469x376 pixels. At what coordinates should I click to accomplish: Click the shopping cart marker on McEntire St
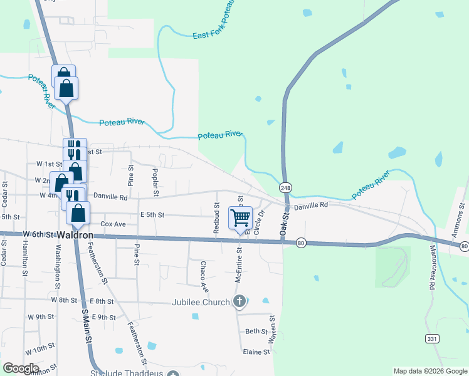tap(241, 218)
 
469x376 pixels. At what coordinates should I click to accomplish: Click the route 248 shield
tap(286, 187)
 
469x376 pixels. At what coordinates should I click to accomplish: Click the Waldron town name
tap(76, 234)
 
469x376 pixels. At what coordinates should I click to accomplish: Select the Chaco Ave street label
tap(204, 277)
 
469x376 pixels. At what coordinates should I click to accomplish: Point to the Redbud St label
tap(216, 218)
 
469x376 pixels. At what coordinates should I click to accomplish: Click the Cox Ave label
tap(113, 224)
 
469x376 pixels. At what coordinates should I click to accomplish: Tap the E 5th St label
tap(152, 215)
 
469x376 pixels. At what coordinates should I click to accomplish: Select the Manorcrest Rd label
tap(432, 266)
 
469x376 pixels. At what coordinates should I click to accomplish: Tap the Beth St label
tap(256, 332)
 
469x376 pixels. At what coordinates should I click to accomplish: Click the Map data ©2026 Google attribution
tap(429, 371)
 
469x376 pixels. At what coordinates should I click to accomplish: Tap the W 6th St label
tap(38, 234)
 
